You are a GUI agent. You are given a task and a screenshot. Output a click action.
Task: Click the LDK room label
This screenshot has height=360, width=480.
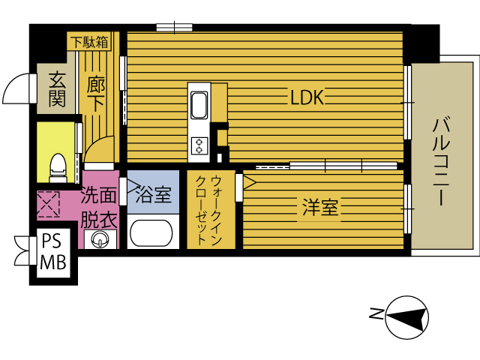[307, 98]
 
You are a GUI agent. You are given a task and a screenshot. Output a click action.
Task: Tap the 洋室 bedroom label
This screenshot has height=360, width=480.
[320, 207]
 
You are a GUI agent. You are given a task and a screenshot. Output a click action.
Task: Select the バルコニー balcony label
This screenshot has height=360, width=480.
[441, 162]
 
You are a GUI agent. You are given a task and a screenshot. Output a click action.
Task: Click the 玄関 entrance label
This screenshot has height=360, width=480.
[57, 89]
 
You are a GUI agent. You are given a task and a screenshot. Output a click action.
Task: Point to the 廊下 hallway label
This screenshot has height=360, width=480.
[96, 94]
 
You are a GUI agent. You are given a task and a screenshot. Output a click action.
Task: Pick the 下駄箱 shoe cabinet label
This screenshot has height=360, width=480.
[89, 42]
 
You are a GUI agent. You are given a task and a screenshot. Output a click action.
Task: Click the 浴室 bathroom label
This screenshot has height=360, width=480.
[153, 194]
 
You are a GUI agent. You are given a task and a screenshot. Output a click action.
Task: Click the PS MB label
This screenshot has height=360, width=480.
[53, 252]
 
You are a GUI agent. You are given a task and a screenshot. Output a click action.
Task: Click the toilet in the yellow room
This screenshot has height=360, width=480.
[58, 168]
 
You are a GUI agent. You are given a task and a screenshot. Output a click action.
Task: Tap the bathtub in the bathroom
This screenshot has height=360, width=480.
[151, 232]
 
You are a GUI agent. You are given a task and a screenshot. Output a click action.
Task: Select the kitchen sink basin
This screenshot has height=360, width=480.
[199, 105]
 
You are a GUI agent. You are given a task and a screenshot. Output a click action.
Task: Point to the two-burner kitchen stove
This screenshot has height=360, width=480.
[199, 146]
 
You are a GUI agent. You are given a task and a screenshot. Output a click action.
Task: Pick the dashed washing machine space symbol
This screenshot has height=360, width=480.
[48, 204]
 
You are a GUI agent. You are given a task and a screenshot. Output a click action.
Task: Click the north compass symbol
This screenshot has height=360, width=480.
[406, 317]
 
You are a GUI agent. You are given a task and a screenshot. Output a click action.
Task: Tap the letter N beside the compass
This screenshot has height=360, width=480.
[376, 313]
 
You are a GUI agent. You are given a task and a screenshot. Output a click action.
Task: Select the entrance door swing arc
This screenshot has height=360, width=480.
[12, 84]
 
